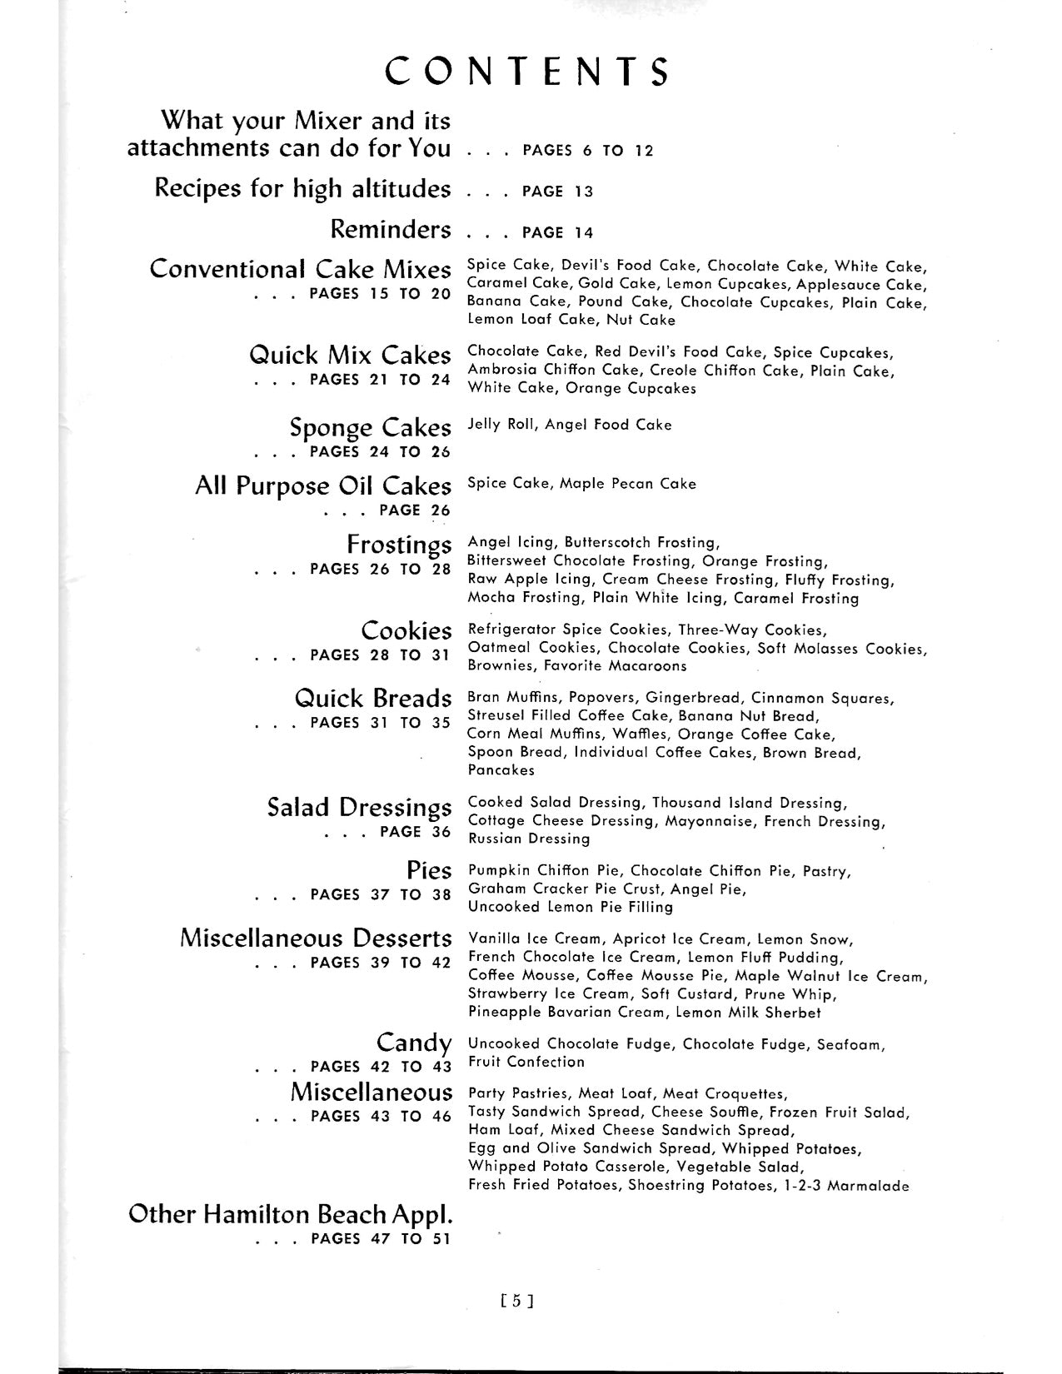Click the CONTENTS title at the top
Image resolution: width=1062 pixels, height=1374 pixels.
pos(527,72)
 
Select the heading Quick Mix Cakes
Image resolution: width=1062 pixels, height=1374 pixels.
pos(350,356)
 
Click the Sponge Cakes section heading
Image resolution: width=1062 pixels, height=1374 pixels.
pos(370,428)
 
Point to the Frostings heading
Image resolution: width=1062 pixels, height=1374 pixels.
pos(399,545)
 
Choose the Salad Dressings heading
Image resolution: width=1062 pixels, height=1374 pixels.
pos(359,808)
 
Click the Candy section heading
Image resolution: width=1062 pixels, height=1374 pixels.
pos(414,1043)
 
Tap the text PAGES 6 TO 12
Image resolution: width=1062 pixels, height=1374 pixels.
pos(588,151)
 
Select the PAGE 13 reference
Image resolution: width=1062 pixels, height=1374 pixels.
pos(557,192)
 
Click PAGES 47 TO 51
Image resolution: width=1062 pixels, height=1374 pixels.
pos(380,1238)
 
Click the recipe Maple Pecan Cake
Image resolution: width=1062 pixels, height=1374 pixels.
pos(628,484)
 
